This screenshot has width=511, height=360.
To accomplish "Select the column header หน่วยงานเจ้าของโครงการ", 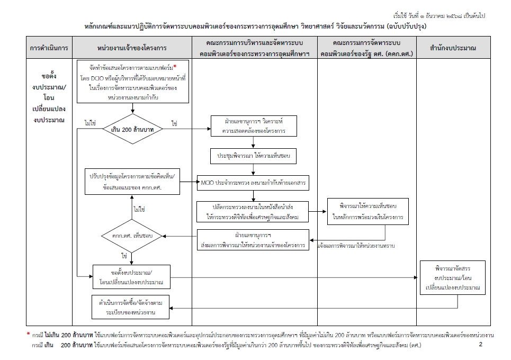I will pos(132,48).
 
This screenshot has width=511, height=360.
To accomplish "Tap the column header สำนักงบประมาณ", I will pos(453,48).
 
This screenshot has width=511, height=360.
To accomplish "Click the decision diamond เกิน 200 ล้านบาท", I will pos(132,129).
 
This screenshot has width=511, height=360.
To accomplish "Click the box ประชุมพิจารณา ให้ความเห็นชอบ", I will pos(253,156).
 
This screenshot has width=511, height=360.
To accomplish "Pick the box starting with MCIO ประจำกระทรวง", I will pos(253,183).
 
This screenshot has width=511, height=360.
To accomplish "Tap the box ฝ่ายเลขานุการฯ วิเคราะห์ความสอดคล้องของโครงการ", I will pos(253,126).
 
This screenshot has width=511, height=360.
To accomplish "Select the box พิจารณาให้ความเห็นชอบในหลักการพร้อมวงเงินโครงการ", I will pos(367,211).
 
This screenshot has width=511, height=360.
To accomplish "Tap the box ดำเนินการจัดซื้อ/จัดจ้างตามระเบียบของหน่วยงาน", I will pos(130,308).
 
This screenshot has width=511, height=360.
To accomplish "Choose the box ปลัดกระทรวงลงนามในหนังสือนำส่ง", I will pos(253,212).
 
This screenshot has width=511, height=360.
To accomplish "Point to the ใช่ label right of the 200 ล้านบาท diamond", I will pos(174,123).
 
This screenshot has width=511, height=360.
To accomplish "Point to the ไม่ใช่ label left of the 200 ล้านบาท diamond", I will pos(89,123).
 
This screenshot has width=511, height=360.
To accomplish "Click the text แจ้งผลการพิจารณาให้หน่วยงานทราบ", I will pos(356,246).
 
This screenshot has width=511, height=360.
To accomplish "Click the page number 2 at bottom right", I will pos(480,345).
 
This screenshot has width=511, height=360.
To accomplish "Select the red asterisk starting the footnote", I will pos(29,335).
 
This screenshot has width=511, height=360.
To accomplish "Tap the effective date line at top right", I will pos(440,15).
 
